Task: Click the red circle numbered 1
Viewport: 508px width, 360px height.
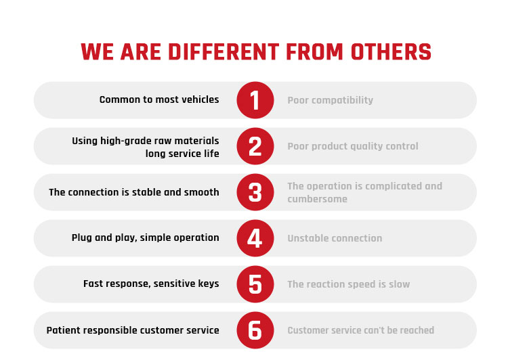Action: coord(255,100)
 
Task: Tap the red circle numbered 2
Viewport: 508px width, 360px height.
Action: coord(255,146)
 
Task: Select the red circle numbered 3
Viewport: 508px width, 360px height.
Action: coord(255,192)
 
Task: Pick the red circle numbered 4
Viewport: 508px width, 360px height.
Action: coord(255,238)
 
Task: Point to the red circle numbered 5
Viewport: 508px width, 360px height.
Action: coord(255,284)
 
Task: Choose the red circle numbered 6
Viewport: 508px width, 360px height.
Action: coord(255,330)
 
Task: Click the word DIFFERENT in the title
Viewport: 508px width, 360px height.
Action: coord(224,52)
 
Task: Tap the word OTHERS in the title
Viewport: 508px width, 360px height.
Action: coord(391,52)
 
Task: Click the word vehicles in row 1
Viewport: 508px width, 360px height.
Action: coord(200,99)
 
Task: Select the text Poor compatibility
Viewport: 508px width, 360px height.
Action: coord(330,100)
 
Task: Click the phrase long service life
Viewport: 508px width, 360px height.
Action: coord(182,154)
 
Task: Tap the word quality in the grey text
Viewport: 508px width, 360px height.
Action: coord(364,147)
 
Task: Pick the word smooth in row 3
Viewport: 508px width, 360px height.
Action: coord(202,192)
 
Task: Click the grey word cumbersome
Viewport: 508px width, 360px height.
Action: coord(317,199)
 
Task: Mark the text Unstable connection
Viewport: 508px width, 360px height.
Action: coord(335,239)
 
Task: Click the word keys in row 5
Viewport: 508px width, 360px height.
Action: coord(209,284)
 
